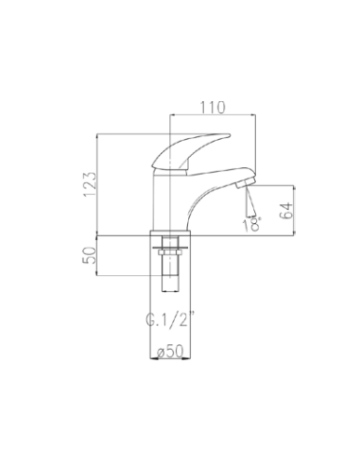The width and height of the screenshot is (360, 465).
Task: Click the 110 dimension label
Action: coord(213,108)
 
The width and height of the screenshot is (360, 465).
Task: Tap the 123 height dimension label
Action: coord(90,184)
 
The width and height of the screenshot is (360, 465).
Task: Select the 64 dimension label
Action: coord(286,211)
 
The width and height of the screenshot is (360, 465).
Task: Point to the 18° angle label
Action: coord(252,224)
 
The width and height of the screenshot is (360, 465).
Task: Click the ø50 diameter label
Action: coord(170,352)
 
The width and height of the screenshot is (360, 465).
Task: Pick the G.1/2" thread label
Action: coord(168,319)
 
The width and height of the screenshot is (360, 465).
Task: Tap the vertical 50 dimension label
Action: coord(89,255)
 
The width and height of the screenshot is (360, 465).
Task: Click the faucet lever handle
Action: coord(191,151)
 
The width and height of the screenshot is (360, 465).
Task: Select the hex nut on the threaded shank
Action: coord(170,253)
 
